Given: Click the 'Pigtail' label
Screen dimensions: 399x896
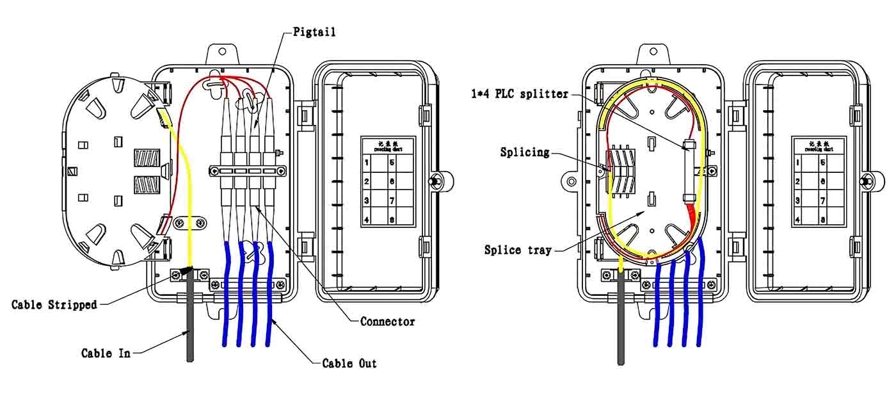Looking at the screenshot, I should tap(314, 31).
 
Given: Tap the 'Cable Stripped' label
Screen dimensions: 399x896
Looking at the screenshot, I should tap(54, 305).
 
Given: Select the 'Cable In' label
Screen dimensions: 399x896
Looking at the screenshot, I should tap(106, 353).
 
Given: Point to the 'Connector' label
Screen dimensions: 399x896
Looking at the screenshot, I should tap(387, 322).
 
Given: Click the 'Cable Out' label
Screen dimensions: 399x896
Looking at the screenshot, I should tap(349, 364).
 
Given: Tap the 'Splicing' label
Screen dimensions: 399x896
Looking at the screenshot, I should tap(525, 152).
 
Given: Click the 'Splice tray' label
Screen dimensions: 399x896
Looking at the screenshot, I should tap(517, 250).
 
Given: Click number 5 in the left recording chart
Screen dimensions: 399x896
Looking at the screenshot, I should tap(392, 163).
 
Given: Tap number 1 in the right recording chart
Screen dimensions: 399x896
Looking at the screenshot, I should tap(798, 163).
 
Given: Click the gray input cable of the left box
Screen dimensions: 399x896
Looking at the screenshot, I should tap(189, 333).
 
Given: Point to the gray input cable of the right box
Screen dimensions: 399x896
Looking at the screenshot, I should tap(620, 333).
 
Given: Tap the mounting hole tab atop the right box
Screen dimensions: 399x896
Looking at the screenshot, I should tap(653, 52).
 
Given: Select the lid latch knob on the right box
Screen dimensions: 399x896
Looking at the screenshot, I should tap(867, 181).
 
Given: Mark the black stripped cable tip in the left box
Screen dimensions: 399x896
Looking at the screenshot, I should tap(186, 272).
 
